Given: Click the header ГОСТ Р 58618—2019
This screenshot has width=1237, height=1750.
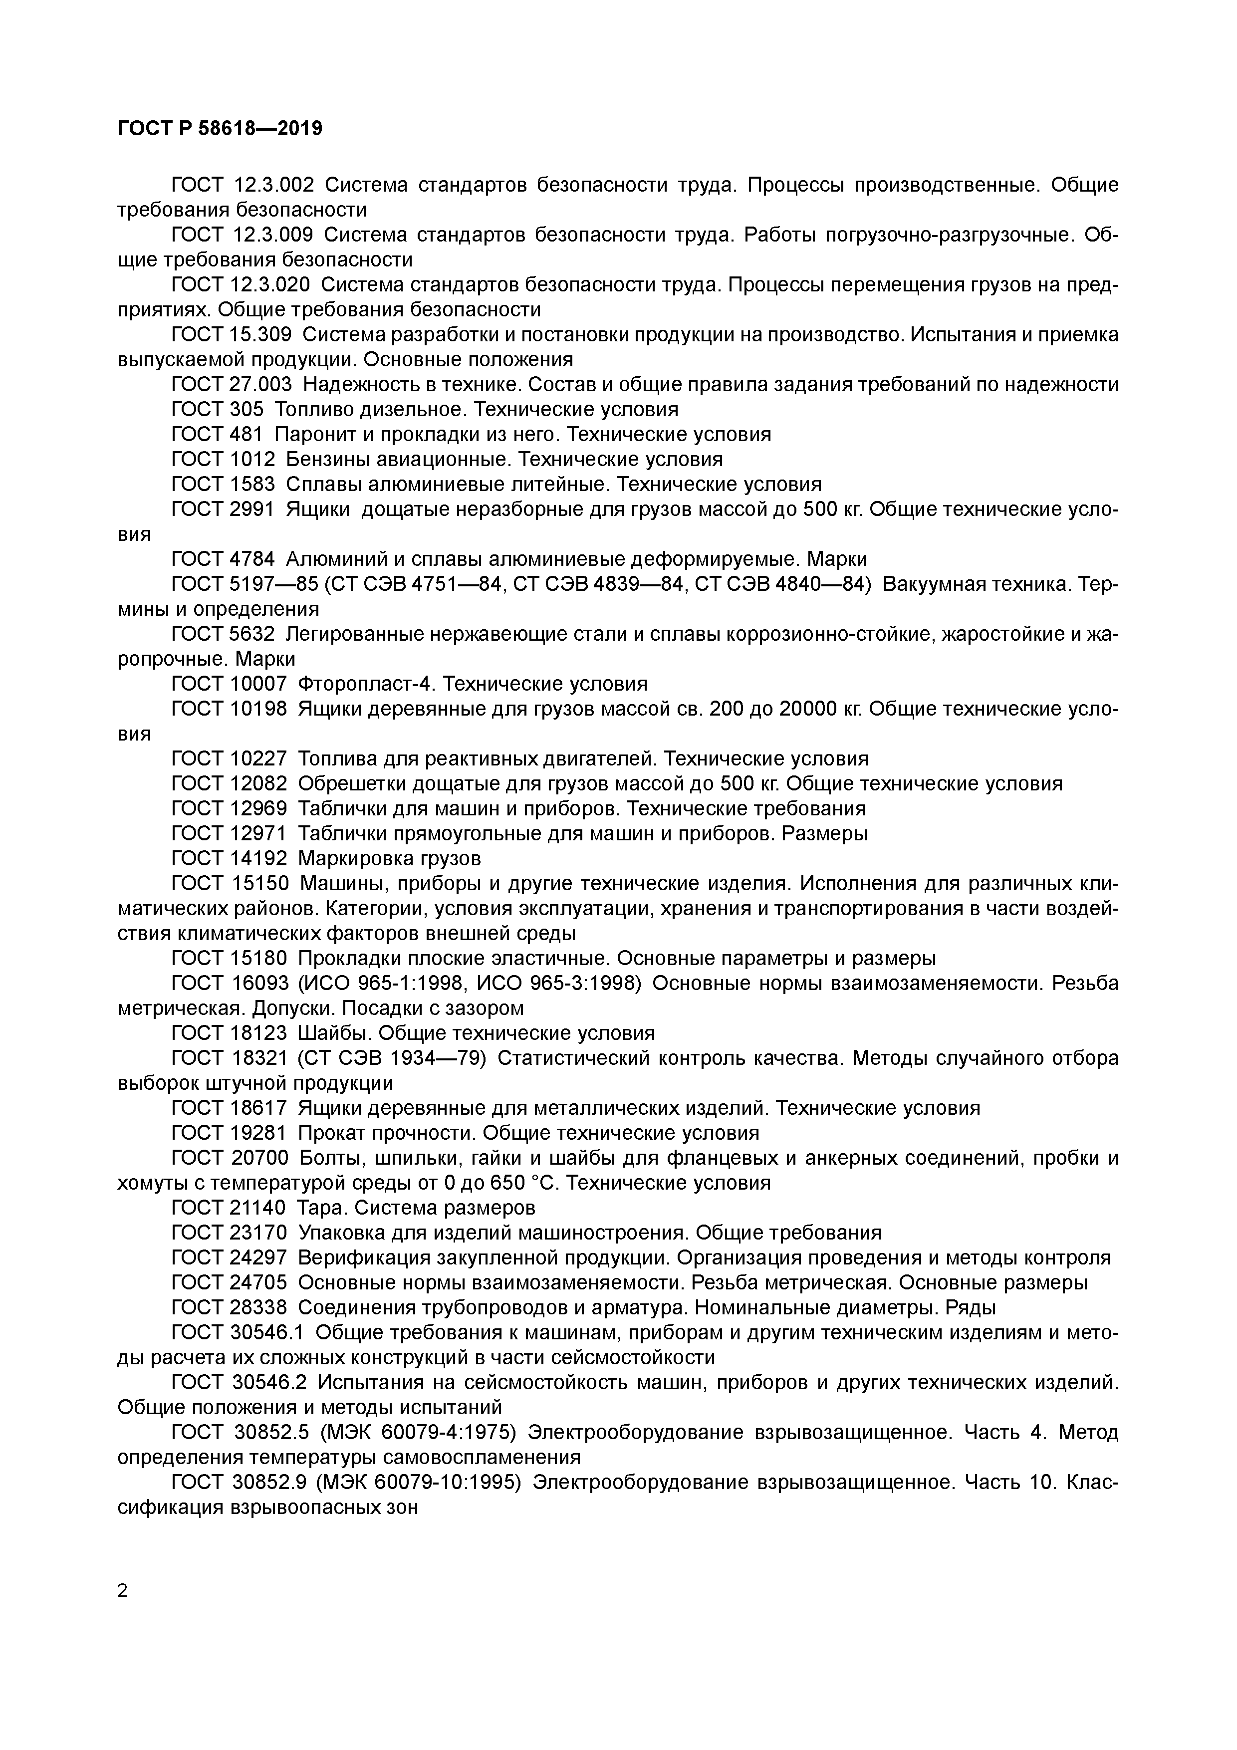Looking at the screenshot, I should [220, 128].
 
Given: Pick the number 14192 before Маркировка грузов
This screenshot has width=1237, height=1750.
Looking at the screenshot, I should [257, 858].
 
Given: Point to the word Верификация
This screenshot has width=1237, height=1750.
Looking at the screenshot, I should [365, 1257].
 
